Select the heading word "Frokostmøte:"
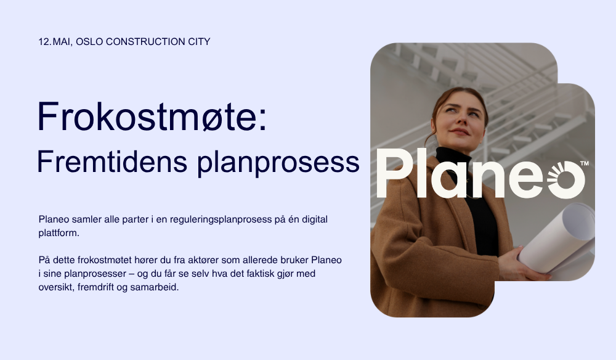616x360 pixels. (152, 117)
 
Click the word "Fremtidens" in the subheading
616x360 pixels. (112, 162)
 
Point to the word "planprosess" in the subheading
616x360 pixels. (278, 163)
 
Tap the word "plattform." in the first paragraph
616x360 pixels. (59, 233)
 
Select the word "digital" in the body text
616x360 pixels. (315, 219)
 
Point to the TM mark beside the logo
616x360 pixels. (585, 163)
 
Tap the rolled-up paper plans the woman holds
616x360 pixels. (558, 240)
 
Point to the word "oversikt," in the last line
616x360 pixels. (56, 287)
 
